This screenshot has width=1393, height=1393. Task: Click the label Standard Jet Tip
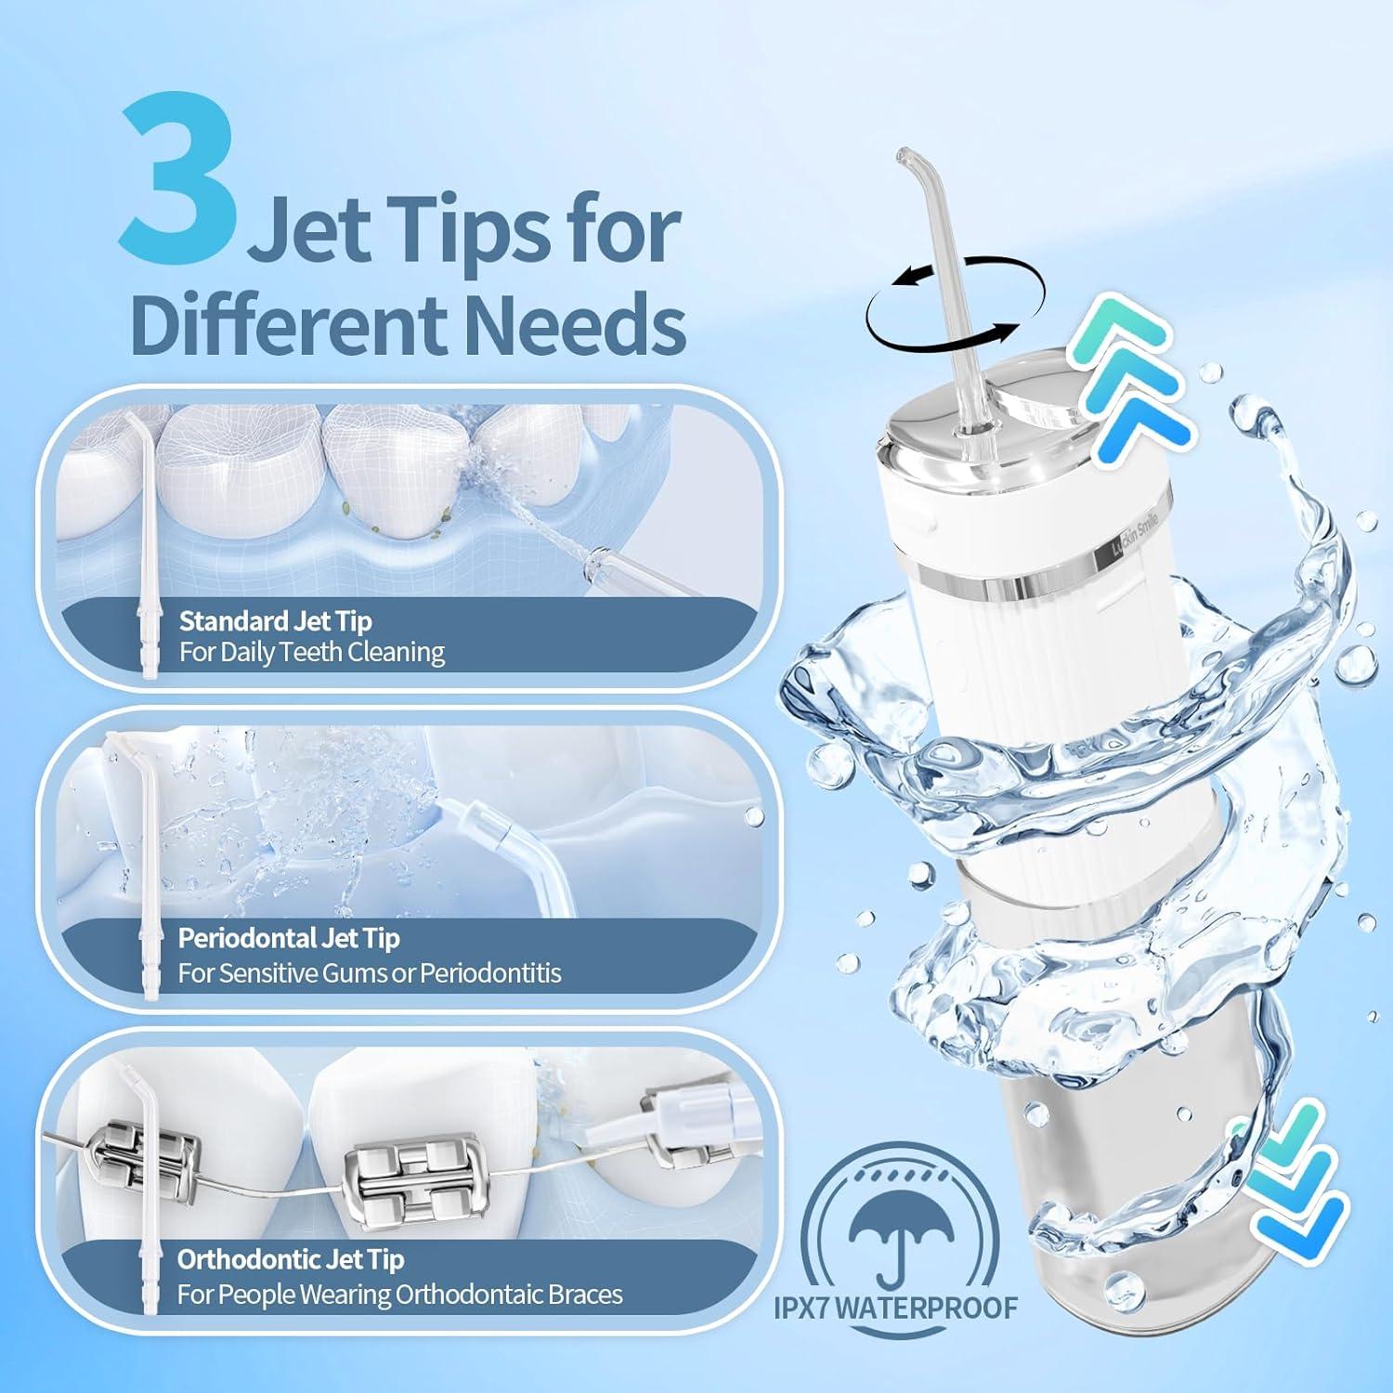(276, 620)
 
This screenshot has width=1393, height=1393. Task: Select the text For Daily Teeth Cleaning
(312, 652)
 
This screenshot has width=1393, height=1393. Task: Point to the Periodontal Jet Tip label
(289, 938)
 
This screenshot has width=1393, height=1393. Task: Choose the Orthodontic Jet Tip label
(291, 1259)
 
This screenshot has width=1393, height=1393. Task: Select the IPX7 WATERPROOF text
(895, 1308)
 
